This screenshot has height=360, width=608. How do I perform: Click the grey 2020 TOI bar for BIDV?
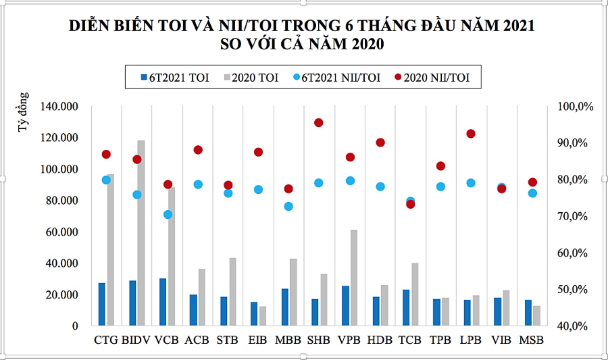(x=141, y=233)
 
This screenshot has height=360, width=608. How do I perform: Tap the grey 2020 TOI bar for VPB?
(x=354, y=278)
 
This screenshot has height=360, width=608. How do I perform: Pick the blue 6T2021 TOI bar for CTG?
(x=102, y=304)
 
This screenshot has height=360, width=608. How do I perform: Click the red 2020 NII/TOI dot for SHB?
(x=319, y=123)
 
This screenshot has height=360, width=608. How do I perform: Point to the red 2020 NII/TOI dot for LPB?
(x=471, y=134)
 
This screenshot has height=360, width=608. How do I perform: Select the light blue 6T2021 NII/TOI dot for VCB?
(x=168, y=215)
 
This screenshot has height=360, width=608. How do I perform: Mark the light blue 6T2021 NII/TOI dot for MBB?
(x=288, y=207)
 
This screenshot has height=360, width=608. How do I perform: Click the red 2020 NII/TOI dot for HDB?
(x=380, y=143)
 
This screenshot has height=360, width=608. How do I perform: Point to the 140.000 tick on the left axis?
(x=60, y=107)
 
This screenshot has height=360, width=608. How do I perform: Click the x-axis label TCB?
(x=410, y=340)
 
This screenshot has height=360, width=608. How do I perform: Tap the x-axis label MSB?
(x=532, y=340)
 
